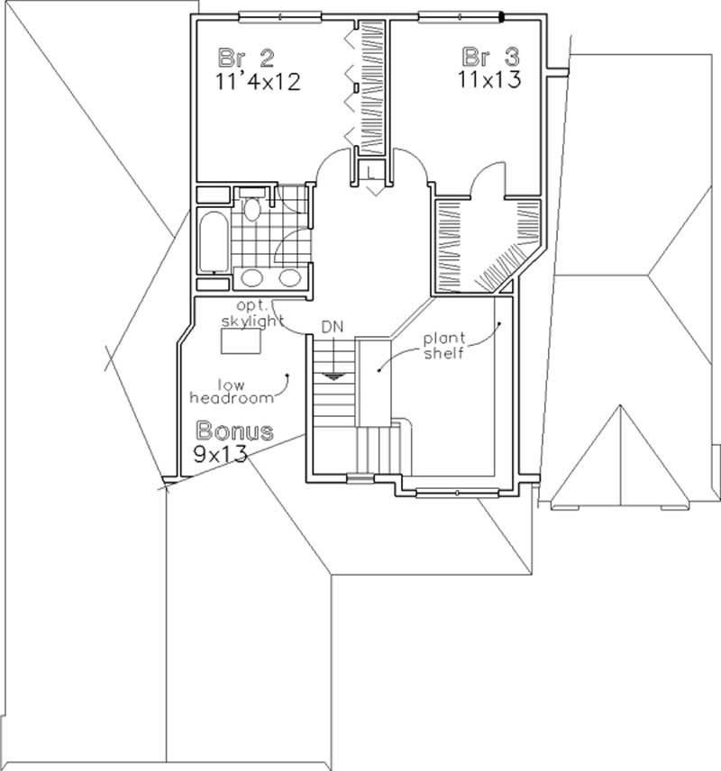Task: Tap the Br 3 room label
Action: coord(490,56)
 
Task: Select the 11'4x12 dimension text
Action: coord(259,82)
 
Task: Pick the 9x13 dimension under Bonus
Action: coord(220,454)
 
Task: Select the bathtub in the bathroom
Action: coord(214,240)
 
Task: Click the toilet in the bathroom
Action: coord(253,209)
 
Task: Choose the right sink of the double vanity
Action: coord(289,277)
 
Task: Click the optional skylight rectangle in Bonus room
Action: coord(240,341)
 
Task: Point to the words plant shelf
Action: coord(444,347)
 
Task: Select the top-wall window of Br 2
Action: coord(280,14)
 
